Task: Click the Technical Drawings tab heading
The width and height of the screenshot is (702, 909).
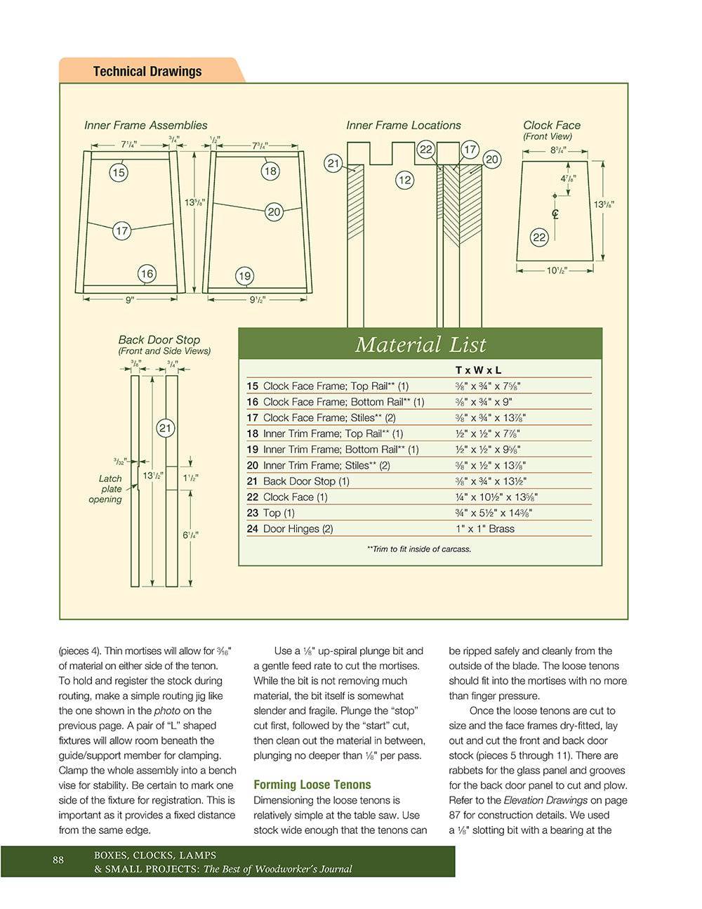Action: (x=147, y=71)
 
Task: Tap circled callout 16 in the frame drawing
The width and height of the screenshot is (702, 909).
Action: (x=147, y=274)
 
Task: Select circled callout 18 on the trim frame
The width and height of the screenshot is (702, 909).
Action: (x=270, y=171)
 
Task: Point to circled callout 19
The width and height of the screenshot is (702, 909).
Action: (x=244, y=276)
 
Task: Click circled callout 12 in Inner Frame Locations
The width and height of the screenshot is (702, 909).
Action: (x=404, y=180)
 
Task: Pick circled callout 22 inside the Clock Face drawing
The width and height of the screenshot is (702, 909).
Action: (x=539, y=237)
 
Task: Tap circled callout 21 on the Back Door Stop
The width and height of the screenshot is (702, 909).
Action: (x=165, y=428)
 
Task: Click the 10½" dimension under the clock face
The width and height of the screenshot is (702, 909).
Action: (x=557, y=270)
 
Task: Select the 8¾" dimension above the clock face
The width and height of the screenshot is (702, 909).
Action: (x=559, y=150)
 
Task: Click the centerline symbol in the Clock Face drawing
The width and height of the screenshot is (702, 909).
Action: (x=555, y=213)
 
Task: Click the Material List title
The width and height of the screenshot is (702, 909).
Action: (x=420, y=345)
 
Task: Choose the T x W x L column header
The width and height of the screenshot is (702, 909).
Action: (x=479, y=370)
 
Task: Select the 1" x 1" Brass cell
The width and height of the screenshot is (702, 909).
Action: (x=485, y=529)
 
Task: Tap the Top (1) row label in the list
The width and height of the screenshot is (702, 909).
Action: (x=278, y=513)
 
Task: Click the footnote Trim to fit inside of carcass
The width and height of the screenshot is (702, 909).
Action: (x=419, y=549)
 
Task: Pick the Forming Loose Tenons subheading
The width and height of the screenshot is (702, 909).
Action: (x=312, y=785)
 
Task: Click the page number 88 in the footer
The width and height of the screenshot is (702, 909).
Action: (x=58, y=861)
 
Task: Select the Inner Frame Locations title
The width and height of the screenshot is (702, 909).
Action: (x=404, y=125)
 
